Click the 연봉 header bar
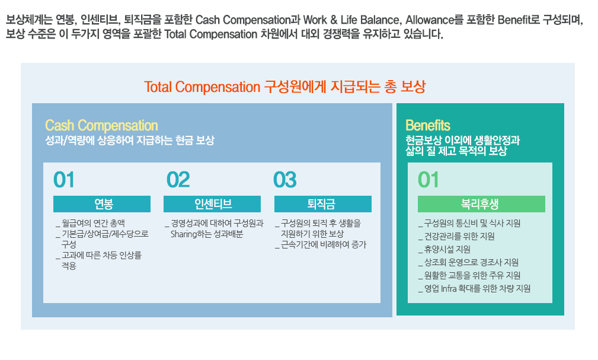point(102,204)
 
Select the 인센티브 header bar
point(212,204)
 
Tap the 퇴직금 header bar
point(323,204)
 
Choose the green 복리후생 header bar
point(481,204)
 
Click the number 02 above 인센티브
point(178,180)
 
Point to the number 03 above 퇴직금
point(285,180)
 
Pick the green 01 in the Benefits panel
point(428,180)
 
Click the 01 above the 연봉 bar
point(63,180)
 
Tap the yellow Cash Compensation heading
point(101,126)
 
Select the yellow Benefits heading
point(428,126)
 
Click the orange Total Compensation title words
point(202,87)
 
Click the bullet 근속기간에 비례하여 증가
point(321,245)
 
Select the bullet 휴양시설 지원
point(444,250)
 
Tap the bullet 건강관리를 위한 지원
point(456,237)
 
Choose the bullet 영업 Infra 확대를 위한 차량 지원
point(475,289)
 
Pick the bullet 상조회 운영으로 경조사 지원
point(469,263)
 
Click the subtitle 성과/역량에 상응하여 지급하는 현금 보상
point(130,141)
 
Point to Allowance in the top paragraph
point(430,20)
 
